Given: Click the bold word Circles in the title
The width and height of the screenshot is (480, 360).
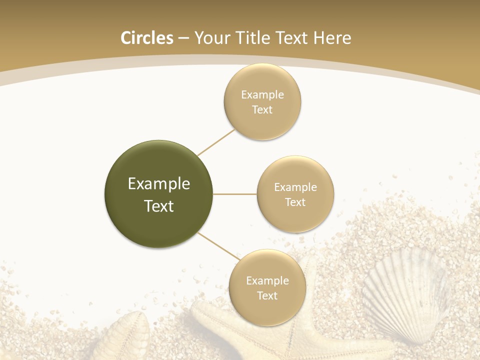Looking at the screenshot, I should tap(147, 38).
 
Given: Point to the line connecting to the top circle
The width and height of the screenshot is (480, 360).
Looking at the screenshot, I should tap(216, 142).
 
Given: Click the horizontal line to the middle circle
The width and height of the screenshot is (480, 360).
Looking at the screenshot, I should tap(235, 194).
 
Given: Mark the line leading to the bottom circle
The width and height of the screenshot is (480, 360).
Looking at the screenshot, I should tap(218, 246).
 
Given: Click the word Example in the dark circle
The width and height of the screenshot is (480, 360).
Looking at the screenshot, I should tap(159, 184).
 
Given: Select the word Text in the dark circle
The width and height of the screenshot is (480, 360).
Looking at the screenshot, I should tap(159, 206).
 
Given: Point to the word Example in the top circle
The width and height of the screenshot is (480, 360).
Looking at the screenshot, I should tap(262, 95).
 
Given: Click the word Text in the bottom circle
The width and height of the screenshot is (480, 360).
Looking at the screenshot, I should tap(267, 296).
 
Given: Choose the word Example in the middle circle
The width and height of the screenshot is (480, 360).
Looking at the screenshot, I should tap(295, 187).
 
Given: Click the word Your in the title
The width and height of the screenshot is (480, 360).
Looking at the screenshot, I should tap(209, 38).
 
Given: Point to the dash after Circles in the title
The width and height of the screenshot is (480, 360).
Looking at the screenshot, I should tap(183, 38).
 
